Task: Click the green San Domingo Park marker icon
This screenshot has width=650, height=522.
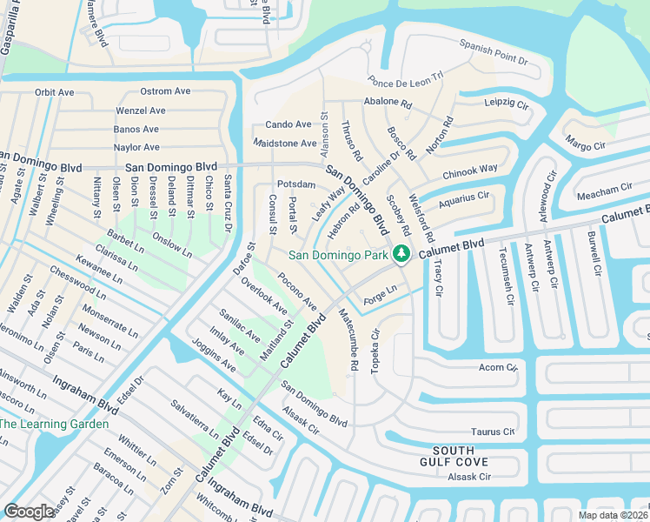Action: (401, 254)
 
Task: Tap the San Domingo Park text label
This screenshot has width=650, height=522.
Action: (339, 255)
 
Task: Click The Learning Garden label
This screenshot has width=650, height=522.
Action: (54, 424)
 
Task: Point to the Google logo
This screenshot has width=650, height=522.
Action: (29, 512)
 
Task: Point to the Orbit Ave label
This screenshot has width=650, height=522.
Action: (56, 92)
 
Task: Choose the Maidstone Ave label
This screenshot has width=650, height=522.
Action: (285, 143)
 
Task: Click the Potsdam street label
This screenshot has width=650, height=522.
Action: (295, 184)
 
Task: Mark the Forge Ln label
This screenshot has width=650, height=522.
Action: (380, 289)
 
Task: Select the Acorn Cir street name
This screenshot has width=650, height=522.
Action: (498, 367)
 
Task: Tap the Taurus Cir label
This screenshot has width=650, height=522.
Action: (493, 431)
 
